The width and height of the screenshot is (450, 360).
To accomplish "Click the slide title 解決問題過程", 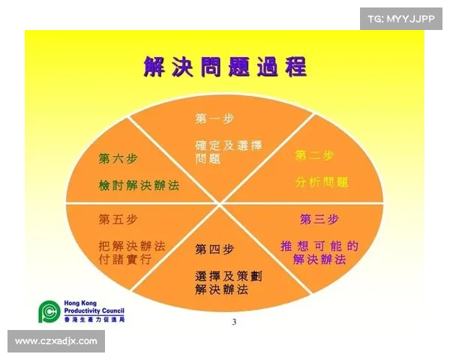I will (225, 67).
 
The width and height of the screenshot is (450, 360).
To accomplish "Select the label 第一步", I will (214, 118).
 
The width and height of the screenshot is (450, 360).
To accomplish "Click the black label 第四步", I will (214, 248).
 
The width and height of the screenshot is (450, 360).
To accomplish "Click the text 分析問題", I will (322, 182).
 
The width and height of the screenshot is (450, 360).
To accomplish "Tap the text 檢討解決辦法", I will (139, 184).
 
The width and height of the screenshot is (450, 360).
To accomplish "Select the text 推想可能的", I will (319, 245).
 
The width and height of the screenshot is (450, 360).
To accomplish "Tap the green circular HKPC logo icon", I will (49, 311).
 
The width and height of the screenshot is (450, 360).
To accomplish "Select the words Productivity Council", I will (94, 311).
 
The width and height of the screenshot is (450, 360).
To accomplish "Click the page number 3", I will (233, 322).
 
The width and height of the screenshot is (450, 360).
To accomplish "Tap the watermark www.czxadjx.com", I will (56, 341).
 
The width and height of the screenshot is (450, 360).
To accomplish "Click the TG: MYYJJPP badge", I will (401, 18).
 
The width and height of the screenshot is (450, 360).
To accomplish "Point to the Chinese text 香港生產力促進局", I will (94, 319).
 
